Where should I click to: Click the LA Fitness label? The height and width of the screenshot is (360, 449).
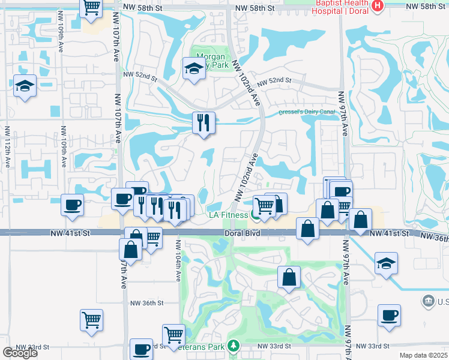(229, 214)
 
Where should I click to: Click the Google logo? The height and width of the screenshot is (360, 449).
(20, 353)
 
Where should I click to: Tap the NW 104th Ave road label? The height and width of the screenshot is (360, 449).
(178, 260)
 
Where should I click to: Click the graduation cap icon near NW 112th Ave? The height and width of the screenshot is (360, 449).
(25, 86)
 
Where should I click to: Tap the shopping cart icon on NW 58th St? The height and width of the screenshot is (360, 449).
(91, 7)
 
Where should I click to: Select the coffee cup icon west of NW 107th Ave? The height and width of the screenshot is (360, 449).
(72, 205)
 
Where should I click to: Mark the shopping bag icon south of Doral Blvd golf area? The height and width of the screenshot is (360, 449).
(289, 278)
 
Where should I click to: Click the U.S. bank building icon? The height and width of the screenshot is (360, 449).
(429, 299)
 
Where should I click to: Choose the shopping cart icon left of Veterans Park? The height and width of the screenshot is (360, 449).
(173, 334)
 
